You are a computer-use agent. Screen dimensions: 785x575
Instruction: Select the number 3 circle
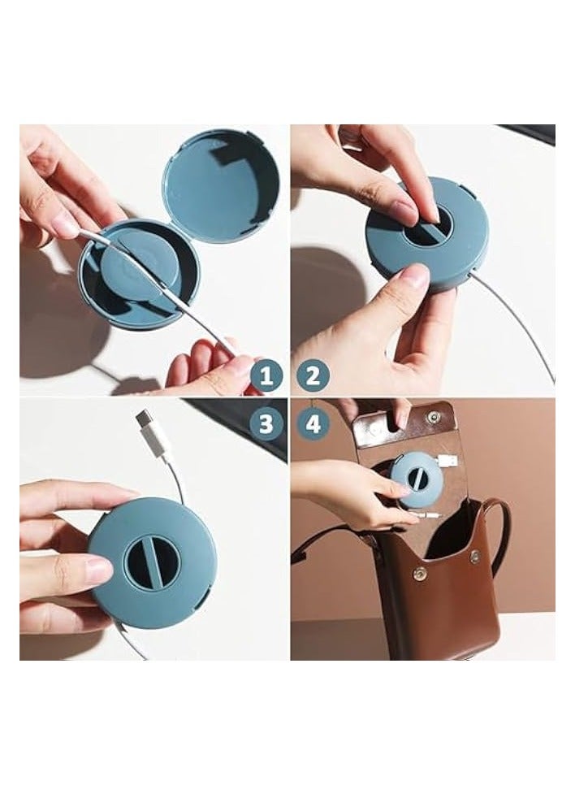pyautogui.click(x=266, y=423)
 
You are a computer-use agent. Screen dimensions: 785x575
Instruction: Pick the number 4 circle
pyautogui.click(x=313, y=423)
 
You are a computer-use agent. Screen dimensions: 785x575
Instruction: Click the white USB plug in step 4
pyautogui.click(x=446, y=462)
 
